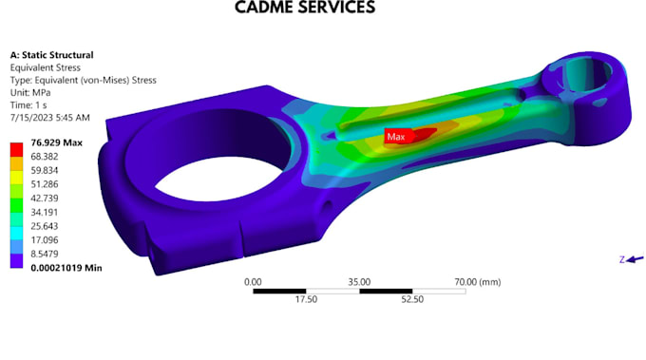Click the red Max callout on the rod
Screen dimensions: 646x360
click(396, 137)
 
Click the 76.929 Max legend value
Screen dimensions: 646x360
click(56, 142)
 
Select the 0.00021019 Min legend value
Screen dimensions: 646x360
click(66, 268)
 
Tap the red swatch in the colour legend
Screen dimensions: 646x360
click(16, 149)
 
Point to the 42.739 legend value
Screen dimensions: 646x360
click(45, 199)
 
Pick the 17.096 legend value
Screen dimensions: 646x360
click(45, 239)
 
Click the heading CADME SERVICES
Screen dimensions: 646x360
click(305, 8)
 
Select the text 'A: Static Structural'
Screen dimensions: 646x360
click(52, 55)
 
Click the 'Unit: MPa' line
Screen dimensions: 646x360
click(30, 92)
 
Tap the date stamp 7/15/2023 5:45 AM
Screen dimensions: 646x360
click(49, 118)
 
